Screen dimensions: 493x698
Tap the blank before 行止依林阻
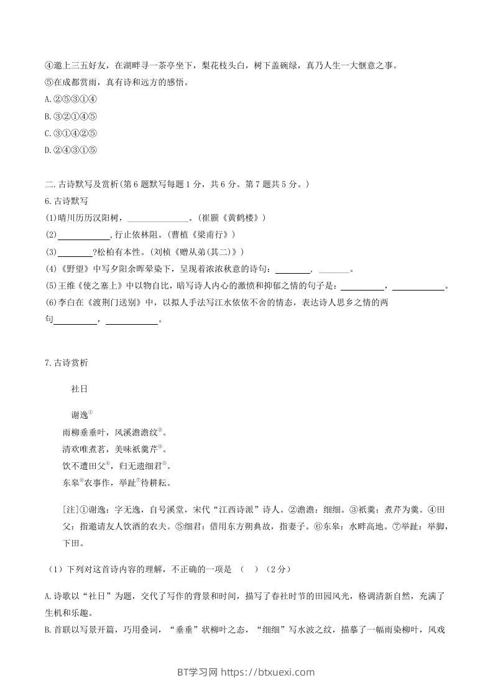tap(83, 235)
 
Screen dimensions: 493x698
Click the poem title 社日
tap(80, 389)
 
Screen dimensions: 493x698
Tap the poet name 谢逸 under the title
tap(80, 415)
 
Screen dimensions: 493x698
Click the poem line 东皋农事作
tap(85, 482)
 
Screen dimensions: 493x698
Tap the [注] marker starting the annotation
tap(71, 510)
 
